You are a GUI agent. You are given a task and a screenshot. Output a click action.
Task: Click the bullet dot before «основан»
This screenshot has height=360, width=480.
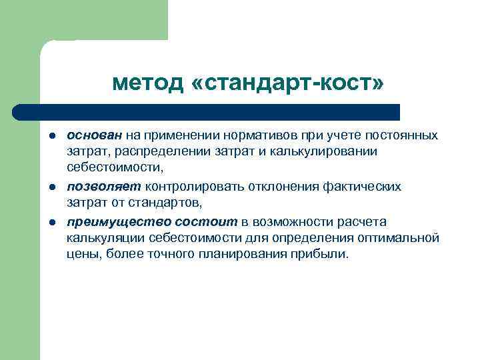point(50,136)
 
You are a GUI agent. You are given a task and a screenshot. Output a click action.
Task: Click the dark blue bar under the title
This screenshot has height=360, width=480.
point(207,111)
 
